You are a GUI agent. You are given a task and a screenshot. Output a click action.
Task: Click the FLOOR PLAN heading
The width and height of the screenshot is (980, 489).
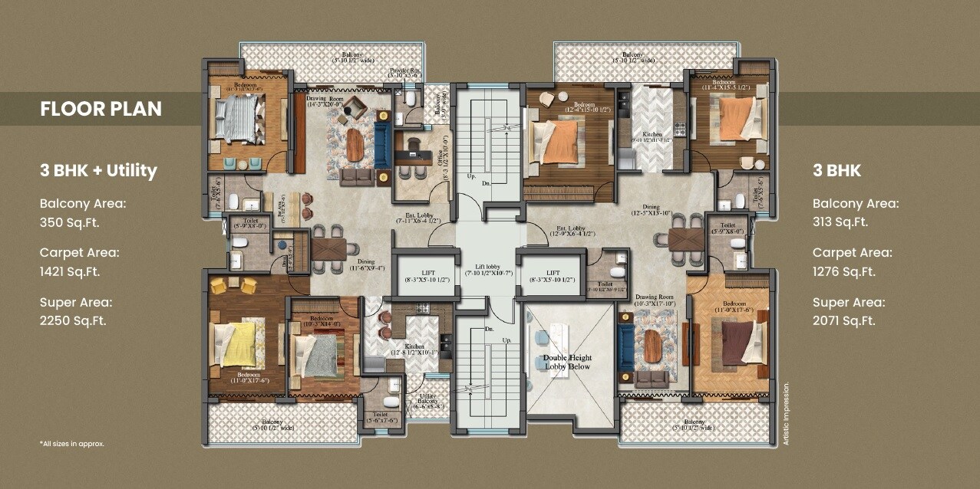(x=101, y=109)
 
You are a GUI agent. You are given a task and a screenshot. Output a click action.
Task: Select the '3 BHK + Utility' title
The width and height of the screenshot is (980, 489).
(x=98, y=170)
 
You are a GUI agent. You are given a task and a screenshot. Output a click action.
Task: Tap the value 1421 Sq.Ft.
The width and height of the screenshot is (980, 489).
(x=70, y=271)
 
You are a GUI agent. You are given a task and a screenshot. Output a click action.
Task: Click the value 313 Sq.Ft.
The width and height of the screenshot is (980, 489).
(x=840, y=222)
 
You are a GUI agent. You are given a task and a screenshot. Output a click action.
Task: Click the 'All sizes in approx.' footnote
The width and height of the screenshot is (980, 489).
(x=71, y=444)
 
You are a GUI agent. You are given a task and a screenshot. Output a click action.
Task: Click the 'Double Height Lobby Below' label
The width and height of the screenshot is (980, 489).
(x=568, y=363)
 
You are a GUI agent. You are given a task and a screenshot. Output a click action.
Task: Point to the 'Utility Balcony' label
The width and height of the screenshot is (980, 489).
(x=427, y=401)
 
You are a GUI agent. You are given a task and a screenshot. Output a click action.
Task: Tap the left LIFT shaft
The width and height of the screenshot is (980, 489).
(x=424, y=277)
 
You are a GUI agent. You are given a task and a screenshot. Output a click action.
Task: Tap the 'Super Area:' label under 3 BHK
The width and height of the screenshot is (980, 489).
(x=849, y=302)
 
